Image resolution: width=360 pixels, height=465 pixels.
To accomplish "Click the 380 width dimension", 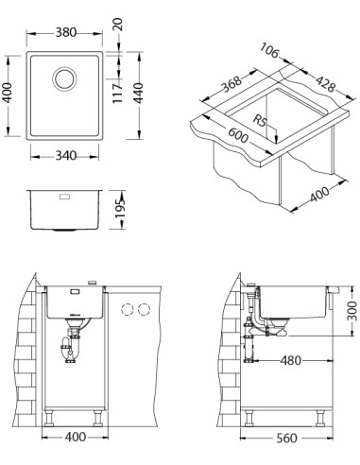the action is [66, 32].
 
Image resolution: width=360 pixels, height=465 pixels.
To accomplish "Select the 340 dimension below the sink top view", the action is [66, 155].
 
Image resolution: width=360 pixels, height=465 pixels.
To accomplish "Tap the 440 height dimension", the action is [138, 93].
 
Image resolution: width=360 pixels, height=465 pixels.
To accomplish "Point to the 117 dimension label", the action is [117, 94].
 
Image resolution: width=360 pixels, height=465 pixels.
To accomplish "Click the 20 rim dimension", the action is [118, 25].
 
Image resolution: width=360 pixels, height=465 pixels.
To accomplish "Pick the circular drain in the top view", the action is [64, 78].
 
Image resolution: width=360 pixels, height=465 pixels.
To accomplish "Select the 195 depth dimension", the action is [120, 209].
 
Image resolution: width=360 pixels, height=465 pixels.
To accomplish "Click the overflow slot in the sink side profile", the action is [64, 197].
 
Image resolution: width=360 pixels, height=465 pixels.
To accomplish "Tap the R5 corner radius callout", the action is [260, 121].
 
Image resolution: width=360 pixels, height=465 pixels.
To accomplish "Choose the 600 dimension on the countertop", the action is [238, 134].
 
